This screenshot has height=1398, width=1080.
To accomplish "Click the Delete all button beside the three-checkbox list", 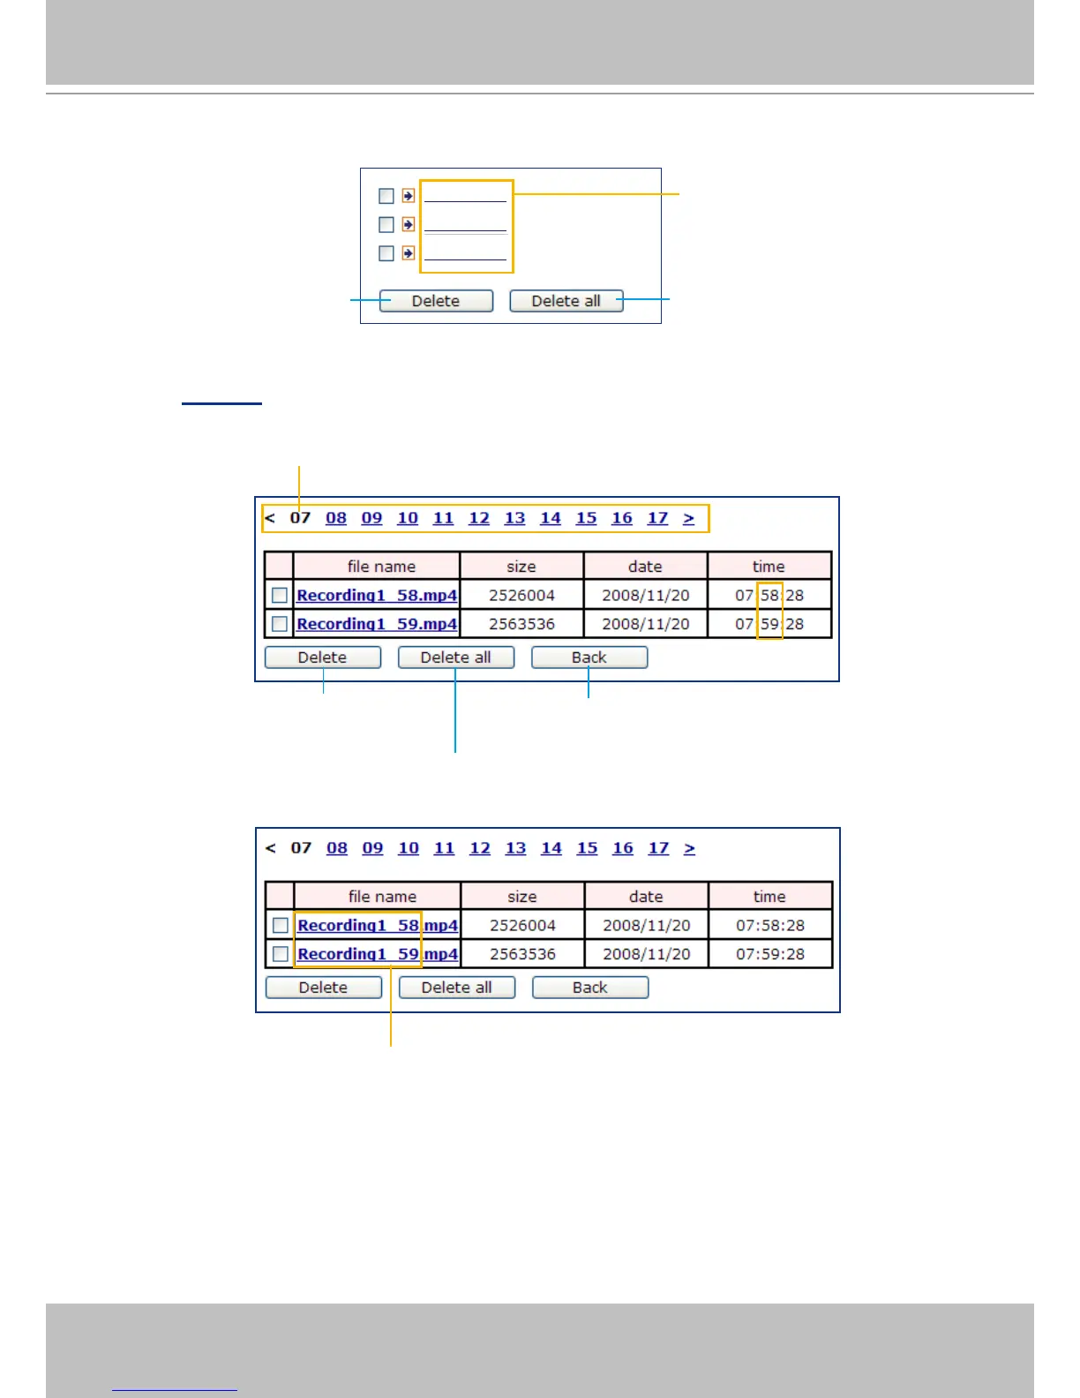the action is point(566,301).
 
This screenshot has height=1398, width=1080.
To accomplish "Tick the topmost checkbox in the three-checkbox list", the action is point(386,196).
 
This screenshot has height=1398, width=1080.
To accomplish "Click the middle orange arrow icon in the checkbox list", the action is point(408,224).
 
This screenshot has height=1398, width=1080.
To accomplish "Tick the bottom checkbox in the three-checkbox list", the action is point(386,253).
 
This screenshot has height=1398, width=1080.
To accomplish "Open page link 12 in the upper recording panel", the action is point(479,518).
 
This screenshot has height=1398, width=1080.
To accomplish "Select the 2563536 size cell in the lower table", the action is point(522,954).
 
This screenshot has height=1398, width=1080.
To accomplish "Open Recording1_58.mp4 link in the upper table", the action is point(377,595).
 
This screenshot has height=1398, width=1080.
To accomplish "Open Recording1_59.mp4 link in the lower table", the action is point(378,954).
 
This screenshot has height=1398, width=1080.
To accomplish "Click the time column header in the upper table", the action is point(769,567).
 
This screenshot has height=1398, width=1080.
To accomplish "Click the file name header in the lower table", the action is point(382,897).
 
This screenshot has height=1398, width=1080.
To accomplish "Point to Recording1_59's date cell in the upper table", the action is point(646,624).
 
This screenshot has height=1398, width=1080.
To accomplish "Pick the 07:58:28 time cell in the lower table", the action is point(770,926).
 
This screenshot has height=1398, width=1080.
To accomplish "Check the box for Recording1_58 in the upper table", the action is point(280,595).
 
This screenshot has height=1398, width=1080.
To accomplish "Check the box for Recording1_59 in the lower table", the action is point(281,954).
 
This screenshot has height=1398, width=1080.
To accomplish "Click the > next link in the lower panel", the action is point(690,848).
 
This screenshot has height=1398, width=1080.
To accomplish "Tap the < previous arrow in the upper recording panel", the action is point(270,518).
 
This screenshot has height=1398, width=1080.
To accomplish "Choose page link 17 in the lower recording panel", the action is point(659,848).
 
